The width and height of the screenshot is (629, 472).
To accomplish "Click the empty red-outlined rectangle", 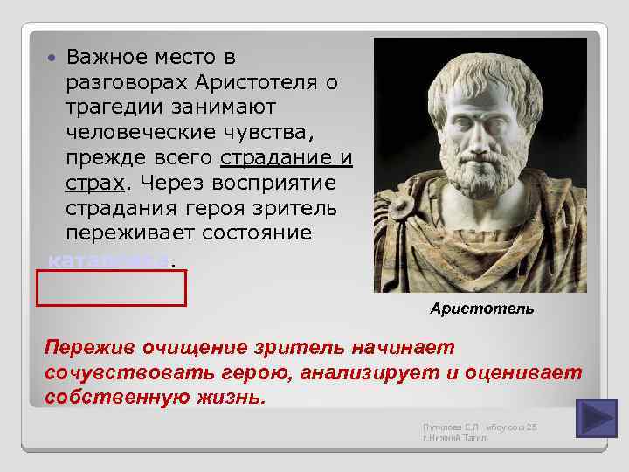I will pyautogui.click(x=111, y=288).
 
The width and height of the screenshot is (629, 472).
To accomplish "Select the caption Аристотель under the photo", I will pyautogui.click(x=481, y=309).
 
